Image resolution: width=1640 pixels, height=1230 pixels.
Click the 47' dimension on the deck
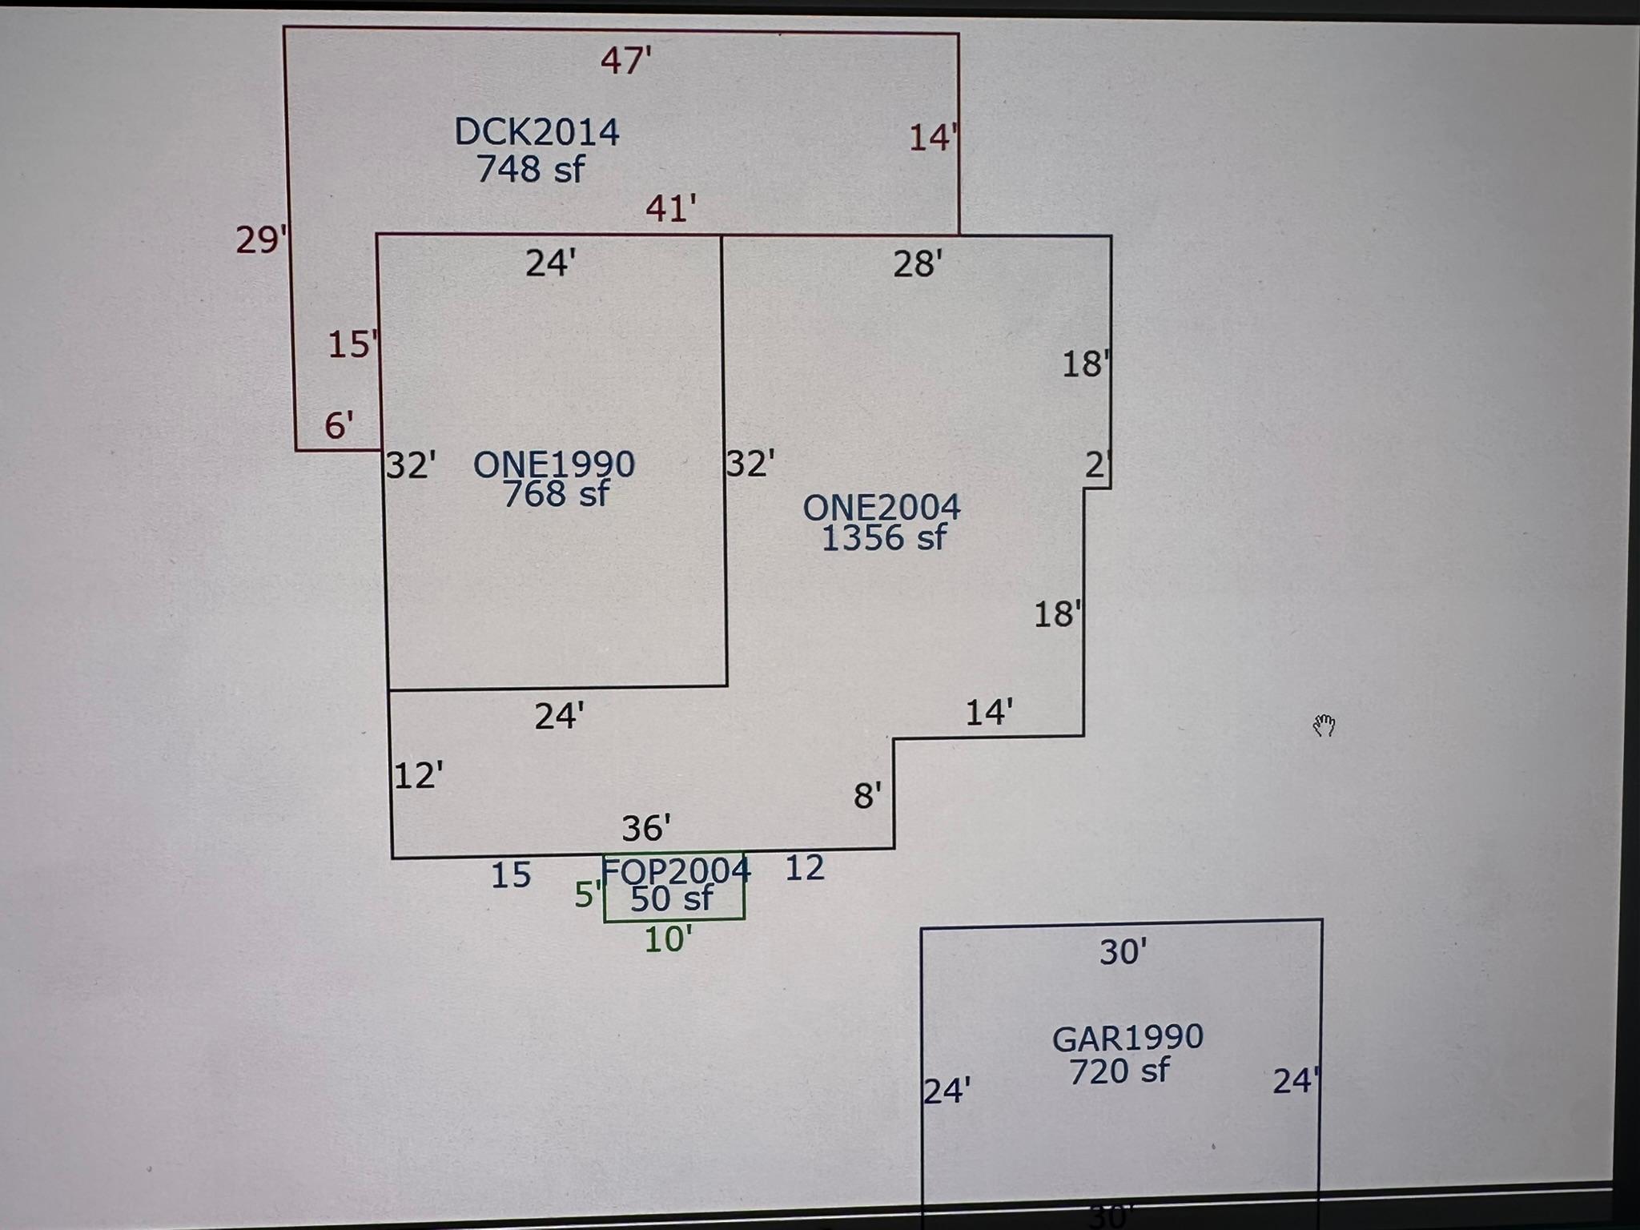coord(625,61)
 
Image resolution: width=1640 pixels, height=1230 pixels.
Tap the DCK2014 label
coord(537,132)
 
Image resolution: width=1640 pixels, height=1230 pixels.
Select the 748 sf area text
coord(530,169)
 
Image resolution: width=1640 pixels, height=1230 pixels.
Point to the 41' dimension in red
coord(670,209)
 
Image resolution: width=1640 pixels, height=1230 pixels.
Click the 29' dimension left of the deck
coord(260,239)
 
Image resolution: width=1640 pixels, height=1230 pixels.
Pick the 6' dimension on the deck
coord(339,425)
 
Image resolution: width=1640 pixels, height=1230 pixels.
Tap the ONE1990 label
coord(554,464)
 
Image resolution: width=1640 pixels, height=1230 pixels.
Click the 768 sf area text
coord(556,494)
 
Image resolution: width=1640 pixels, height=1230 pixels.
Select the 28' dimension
coord(917,264)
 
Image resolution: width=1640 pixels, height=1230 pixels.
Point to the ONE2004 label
coord(882,507)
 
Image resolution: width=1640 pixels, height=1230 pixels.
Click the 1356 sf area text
coord(884,538)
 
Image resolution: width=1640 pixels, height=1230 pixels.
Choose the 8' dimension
coord(867,796)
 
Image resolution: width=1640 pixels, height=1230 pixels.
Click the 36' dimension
coord(646,829)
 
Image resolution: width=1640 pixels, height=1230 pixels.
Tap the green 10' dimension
coord(668,939)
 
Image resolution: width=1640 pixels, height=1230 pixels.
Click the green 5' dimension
coord(587,895)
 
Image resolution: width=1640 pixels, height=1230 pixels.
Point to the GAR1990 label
coord(1127,1038)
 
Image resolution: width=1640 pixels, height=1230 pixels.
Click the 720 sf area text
coord(1119,1071)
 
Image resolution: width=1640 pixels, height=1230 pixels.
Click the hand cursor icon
coord(1324,726)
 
